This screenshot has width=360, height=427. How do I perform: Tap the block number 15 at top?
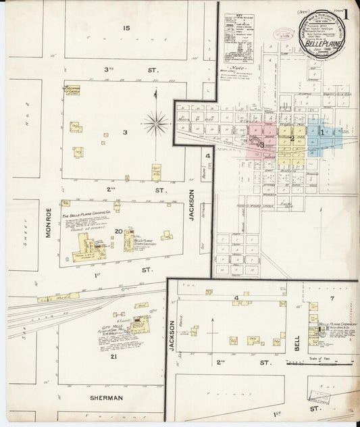126,28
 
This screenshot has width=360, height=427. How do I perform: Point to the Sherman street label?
107,398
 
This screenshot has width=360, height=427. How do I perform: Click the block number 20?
119,232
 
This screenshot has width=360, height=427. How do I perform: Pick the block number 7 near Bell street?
332,298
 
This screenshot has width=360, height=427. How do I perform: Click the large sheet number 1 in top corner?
345,14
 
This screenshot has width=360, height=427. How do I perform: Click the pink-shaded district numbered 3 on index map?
261,144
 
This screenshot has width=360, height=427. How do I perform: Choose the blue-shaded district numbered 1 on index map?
323,133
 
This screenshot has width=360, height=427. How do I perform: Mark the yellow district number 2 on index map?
292,139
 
